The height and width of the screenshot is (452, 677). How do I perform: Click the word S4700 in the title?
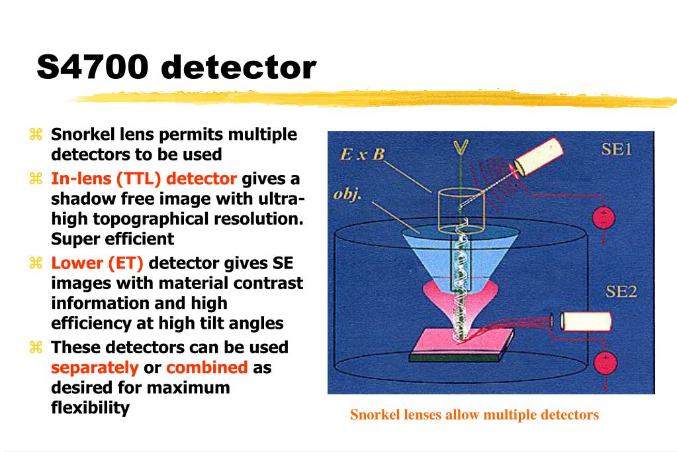click(92, 67)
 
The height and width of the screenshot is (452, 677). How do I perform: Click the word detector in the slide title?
click(239, 67)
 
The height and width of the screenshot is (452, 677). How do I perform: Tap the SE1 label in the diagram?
click(615, 150)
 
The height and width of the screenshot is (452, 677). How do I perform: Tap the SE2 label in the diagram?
click(621, 291)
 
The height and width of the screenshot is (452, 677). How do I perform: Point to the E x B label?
click(362, 154)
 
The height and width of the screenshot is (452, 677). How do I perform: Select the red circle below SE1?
click(603, 217)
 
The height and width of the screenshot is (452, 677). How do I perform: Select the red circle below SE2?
click(605, 363)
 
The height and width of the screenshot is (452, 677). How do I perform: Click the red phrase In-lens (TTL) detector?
click(144, 178)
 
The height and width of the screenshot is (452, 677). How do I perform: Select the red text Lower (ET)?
click(97, 263)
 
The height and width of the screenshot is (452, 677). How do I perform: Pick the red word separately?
click(95, 367)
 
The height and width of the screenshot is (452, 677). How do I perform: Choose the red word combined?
click(206, 367)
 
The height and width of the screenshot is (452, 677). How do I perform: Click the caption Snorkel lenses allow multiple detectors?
click(474, 415)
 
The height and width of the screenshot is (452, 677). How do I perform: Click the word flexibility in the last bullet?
click(90, 407)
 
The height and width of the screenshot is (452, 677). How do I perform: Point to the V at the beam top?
click(457, 147)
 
